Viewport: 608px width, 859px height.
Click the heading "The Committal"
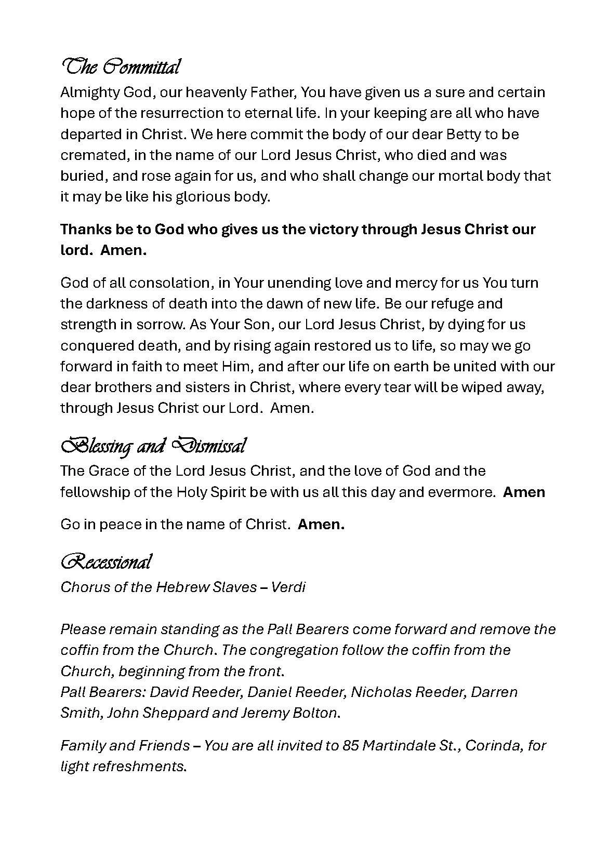pos(121,67)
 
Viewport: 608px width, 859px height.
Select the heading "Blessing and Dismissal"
pos(153,446)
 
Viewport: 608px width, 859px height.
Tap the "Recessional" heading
pos(107,561)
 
